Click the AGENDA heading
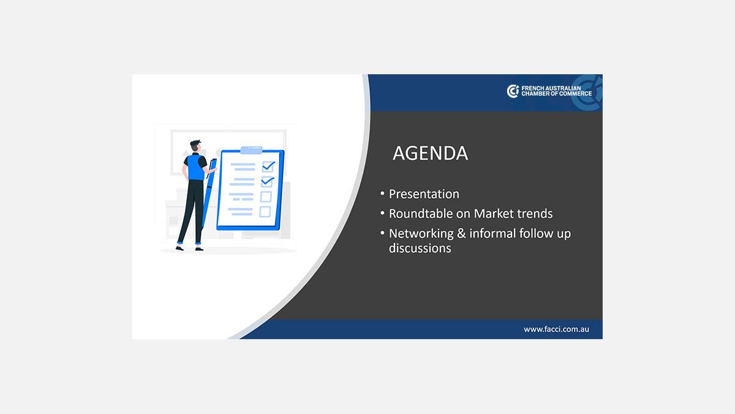pos(430,153)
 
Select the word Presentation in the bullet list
pos(424,194)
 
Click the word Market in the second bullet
pos(494,213)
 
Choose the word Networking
pos(421,234)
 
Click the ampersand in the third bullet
pos(461,233)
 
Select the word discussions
pos(420,248)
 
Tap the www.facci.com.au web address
pos(556,329)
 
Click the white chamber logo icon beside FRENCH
pos(513,91)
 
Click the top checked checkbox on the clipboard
pos(268,166)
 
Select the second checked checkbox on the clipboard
pos(267,182)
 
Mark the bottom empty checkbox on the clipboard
pos(265,212)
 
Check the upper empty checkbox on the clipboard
pos(266,197)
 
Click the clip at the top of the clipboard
pos(251,150)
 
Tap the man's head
pos(195,147)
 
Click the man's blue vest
pos(196,167)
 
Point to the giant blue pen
pos(208,194)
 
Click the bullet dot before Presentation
pos(382,194)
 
